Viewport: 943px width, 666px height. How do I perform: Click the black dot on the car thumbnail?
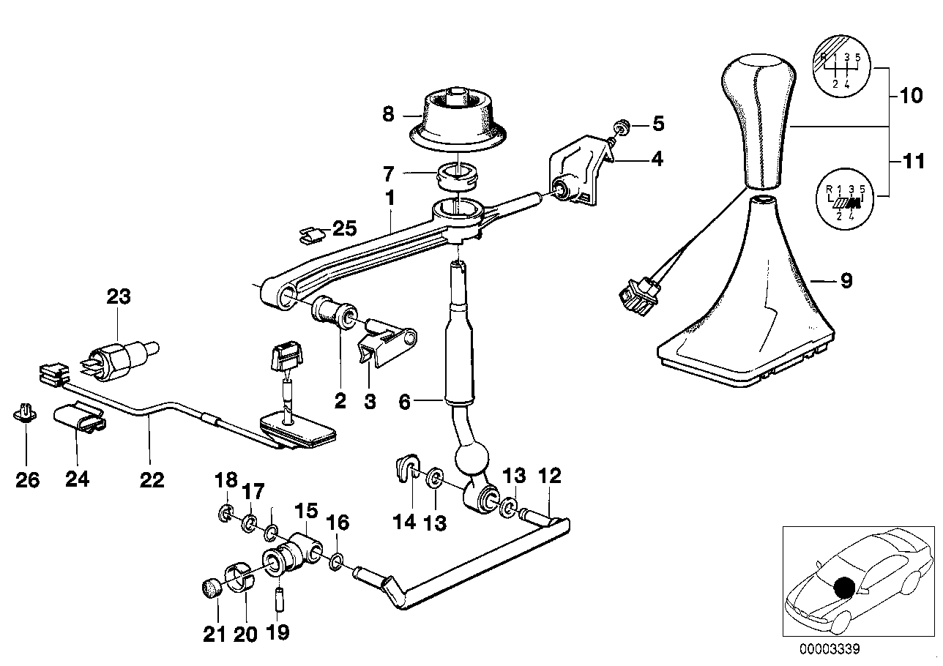tap(845, 587)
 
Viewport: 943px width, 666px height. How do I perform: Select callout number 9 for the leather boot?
tap(846, 280)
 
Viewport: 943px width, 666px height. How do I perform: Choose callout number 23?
tap(119, 297)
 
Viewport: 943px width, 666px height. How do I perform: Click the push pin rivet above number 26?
tap(26, 415)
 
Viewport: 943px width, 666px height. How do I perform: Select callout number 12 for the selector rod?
tap(550, 476)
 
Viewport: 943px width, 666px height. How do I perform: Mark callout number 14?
tap(404, 521)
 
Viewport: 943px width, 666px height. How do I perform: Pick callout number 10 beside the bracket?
tap(911, 96)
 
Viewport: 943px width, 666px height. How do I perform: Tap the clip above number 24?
tap(79, 419)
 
